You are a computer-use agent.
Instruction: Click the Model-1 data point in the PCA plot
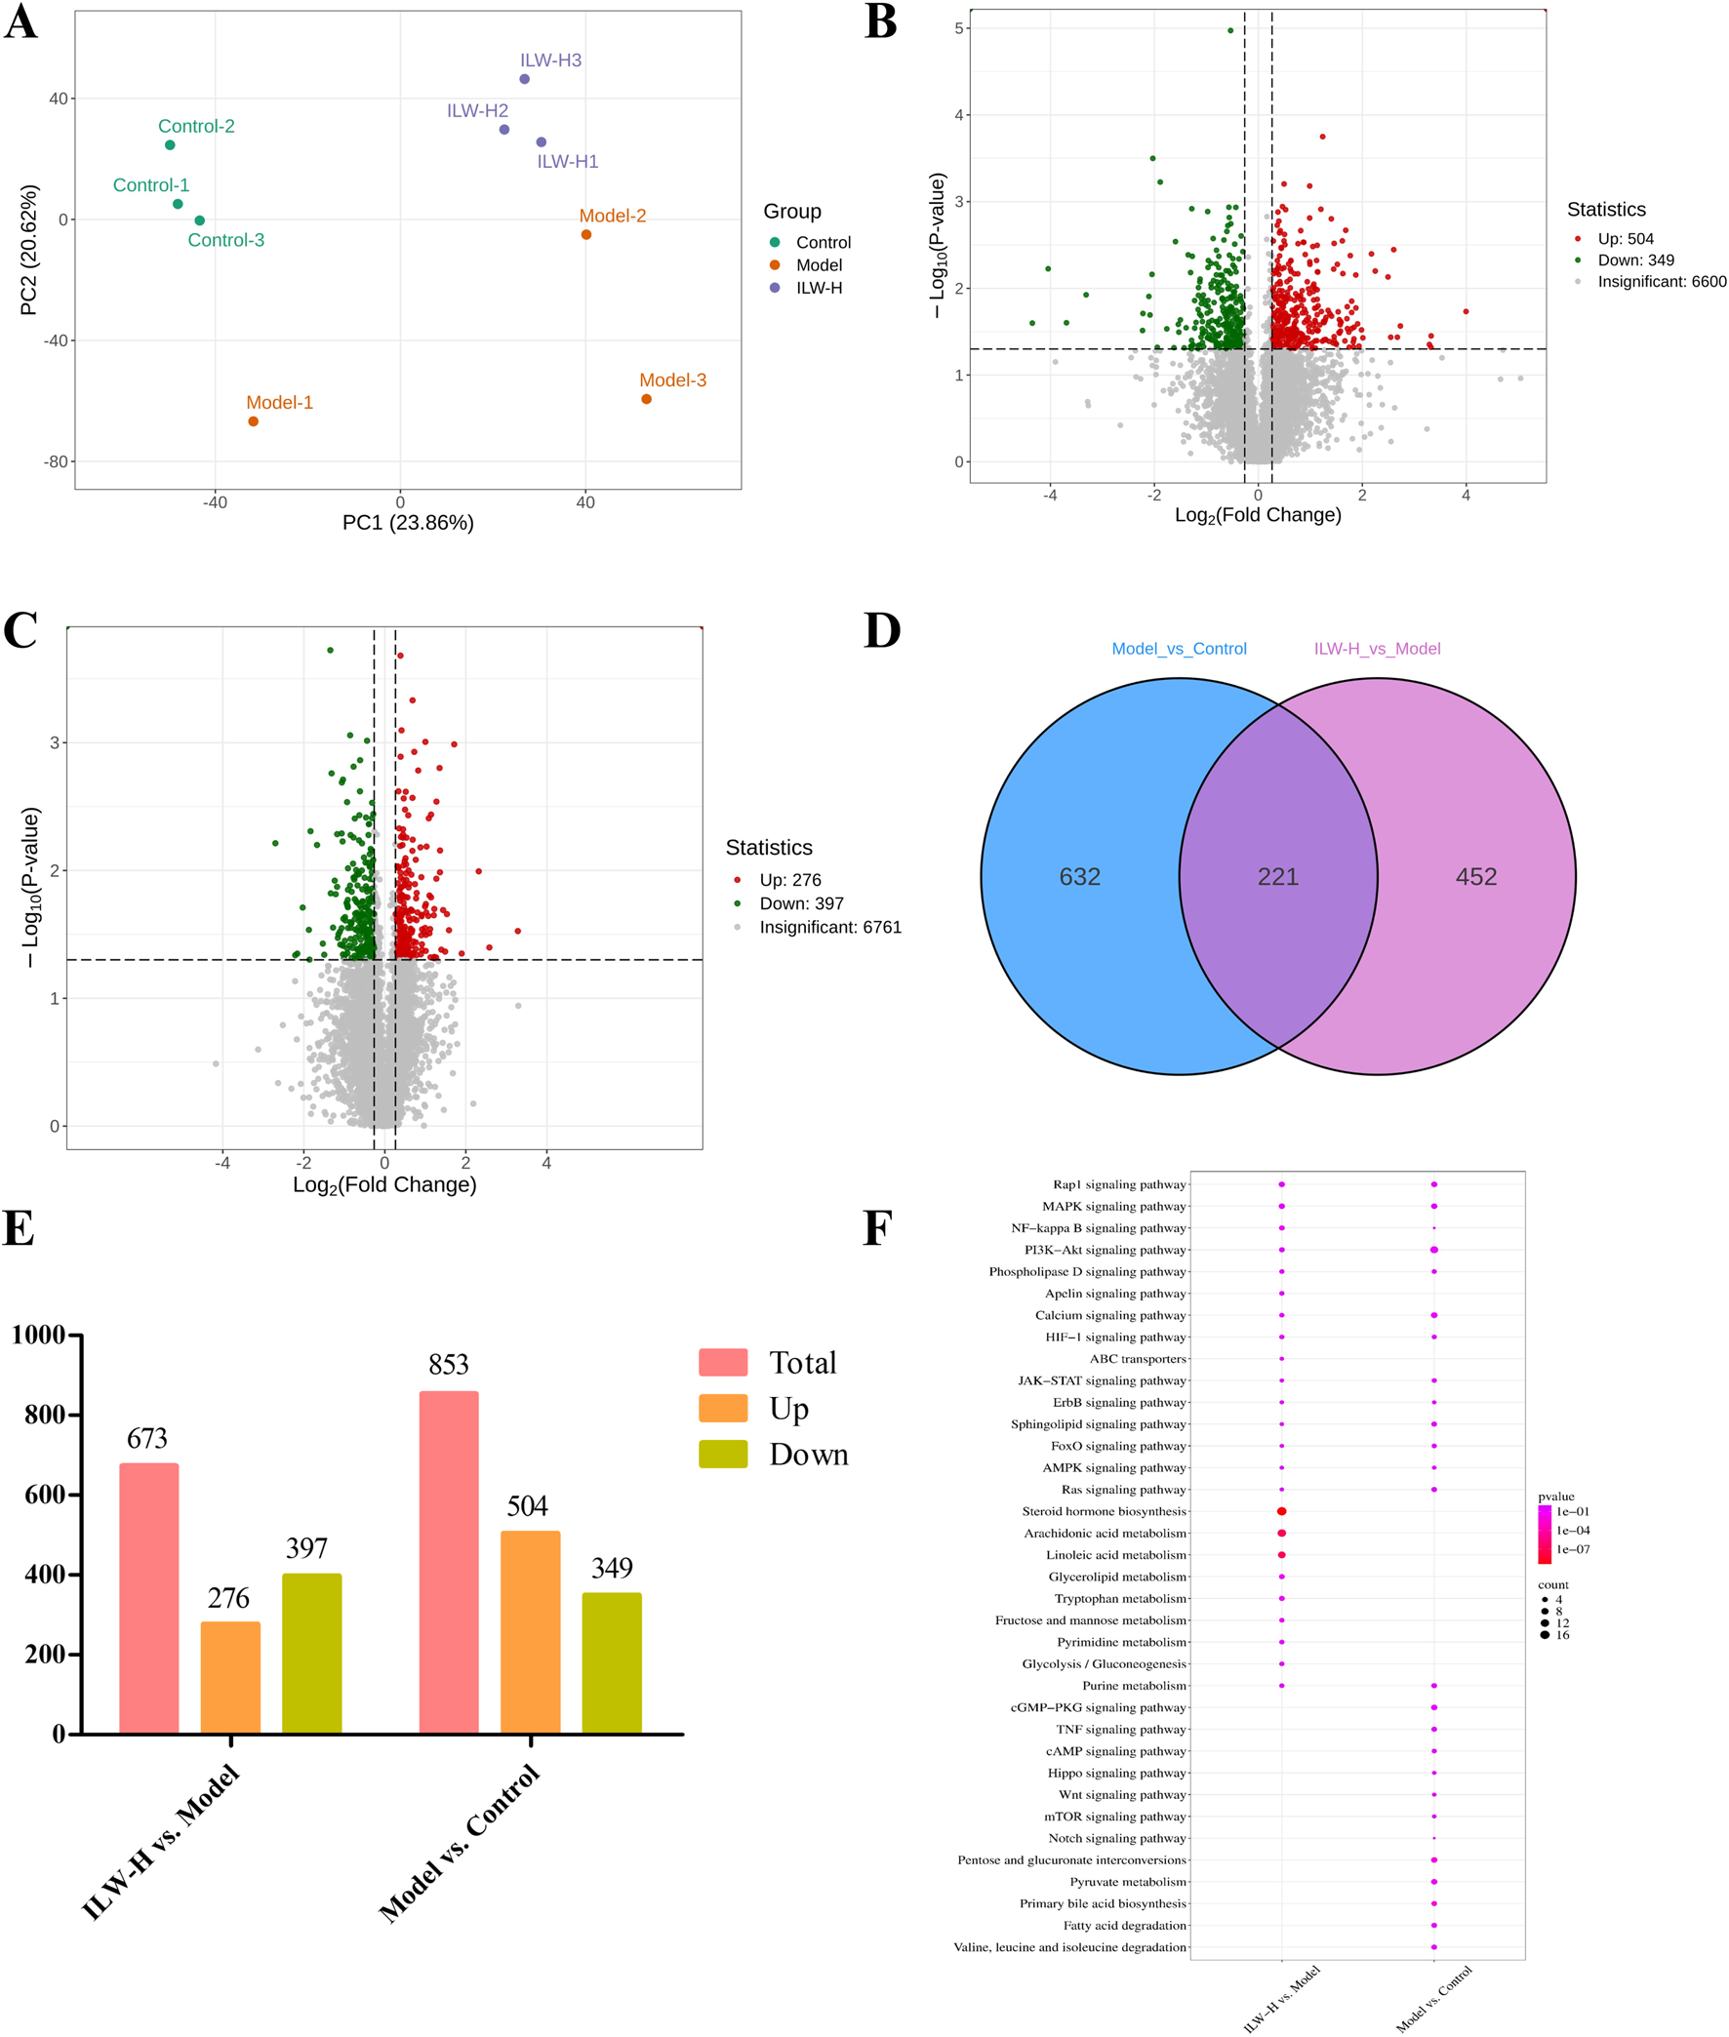coord(253,421)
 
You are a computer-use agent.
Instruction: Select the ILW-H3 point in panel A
coord(524,79)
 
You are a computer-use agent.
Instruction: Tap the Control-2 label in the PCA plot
coord(196,127)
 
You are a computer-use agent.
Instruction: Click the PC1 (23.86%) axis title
coord(408,522)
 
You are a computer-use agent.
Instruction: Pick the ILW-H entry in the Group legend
coord(818,288)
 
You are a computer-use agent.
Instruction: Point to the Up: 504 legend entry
coord(1625,239)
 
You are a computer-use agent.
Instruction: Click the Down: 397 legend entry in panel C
coord(800,903)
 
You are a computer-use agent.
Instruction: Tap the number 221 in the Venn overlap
coord(1278,877)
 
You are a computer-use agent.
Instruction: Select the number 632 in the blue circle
coord(1079,877)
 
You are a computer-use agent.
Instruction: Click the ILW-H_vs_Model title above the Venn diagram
coord(1376,649)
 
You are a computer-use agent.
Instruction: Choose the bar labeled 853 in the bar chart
coord(449,1562)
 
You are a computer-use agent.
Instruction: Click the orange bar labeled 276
coord(230,1676)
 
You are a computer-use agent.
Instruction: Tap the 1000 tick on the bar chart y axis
coord(38,1335)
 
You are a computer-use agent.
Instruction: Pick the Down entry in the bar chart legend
coord(808,1454)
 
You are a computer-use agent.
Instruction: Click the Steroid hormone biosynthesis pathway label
coord(1104,1511)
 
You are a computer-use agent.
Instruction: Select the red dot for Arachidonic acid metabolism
coord(1281,1534)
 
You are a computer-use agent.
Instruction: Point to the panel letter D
coord(881,630)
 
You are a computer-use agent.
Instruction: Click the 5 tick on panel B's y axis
coord(958,28)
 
